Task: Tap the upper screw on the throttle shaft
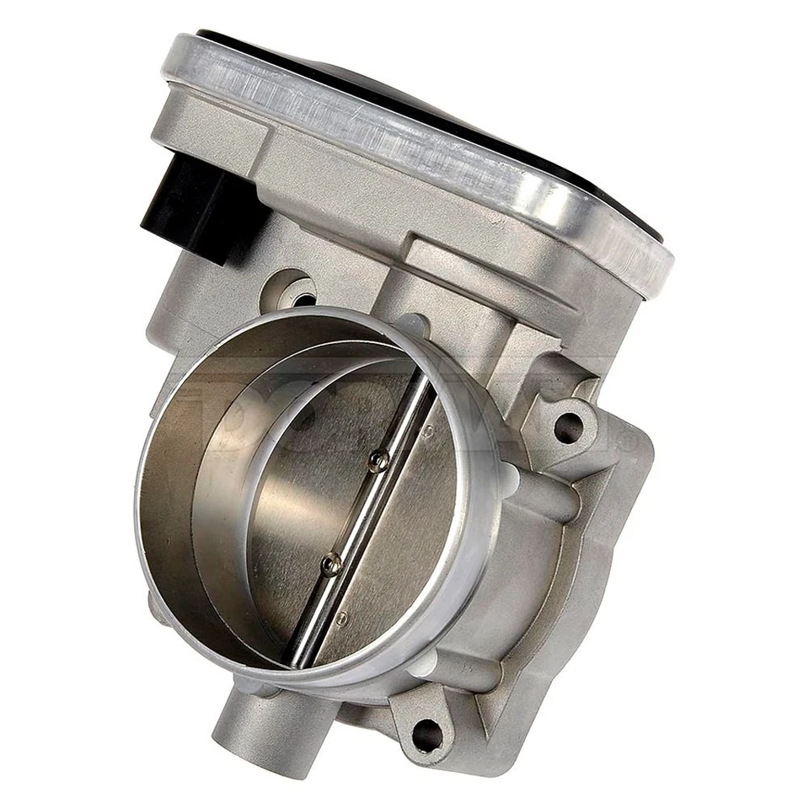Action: (x=379, y=460)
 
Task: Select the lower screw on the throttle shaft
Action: (x=331, y=564)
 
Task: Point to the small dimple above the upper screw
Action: (x=428, y=431)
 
